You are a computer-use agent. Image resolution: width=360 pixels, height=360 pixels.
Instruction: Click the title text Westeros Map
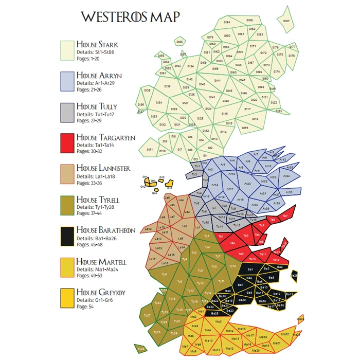click(x=131, y=17)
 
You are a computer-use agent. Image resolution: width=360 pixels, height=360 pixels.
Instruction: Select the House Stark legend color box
click(x=67, y=50)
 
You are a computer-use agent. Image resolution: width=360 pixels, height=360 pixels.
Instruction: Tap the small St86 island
click(x=179, y=42)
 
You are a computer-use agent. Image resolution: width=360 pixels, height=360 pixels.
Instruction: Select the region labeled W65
click(x=238, y=65)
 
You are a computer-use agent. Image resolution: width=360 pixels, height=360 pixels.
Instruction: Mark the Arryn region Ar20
click(x=247, y=183)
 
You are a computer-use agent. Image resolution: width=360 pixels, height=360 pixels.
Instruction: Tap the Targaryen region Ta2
click(x=232, y=243)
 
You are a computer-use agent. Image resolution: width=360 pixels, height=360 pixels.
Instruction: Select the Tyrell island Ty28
click(x=140, y=349)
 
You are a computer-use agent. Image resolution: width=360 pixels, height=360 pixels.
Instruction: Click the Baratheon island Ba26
click(x=294, y=276)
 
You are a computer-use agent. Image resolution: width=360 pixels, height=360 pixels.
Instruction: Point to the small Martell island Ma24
click(x=301, y=319)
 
